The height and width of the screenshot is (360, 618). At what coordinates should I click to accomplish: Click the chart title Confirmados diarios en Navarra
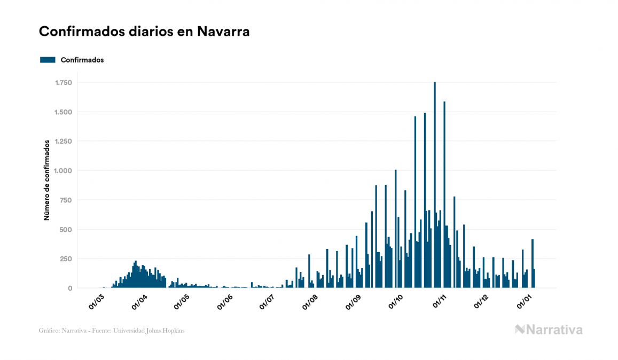(x=144, y=32)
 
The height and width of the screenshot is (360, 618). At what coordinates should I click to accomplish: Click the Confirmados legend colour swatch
(x=48, y=60)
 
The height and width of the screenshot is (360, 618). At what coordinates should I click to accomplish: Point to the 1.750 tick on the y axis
(x=63, y=83)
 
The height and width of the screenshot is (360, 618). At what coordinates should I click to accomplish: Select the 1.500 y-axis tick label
(x=63, y=112)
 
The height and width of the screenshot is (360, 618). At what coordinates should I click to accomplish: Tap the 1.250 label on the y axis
(x=63, y=142)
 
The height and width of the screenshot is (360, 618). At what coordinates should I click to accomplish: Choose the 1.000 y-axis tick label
(x=63, y=171)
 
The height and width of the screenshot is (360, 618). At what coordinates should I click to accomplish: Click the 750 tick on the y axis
(x=66, y=200)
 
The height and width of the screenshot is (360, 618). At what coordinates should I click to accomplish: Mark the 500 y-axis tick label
(x=66, y=230)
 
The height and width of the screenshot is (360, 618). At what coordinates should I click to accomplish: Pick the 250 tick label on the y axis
(x=66, y=259)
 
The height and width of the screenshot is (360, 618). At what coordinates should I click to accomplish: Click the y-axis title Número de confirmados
(x=47, y=181)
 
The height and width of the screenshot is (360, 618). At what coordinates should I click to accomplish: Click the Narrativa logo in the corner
(x=549, y=330)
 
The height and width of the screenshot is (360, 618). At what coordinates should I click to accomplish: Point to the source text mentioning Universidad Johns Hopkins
(x=112, y=331)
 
